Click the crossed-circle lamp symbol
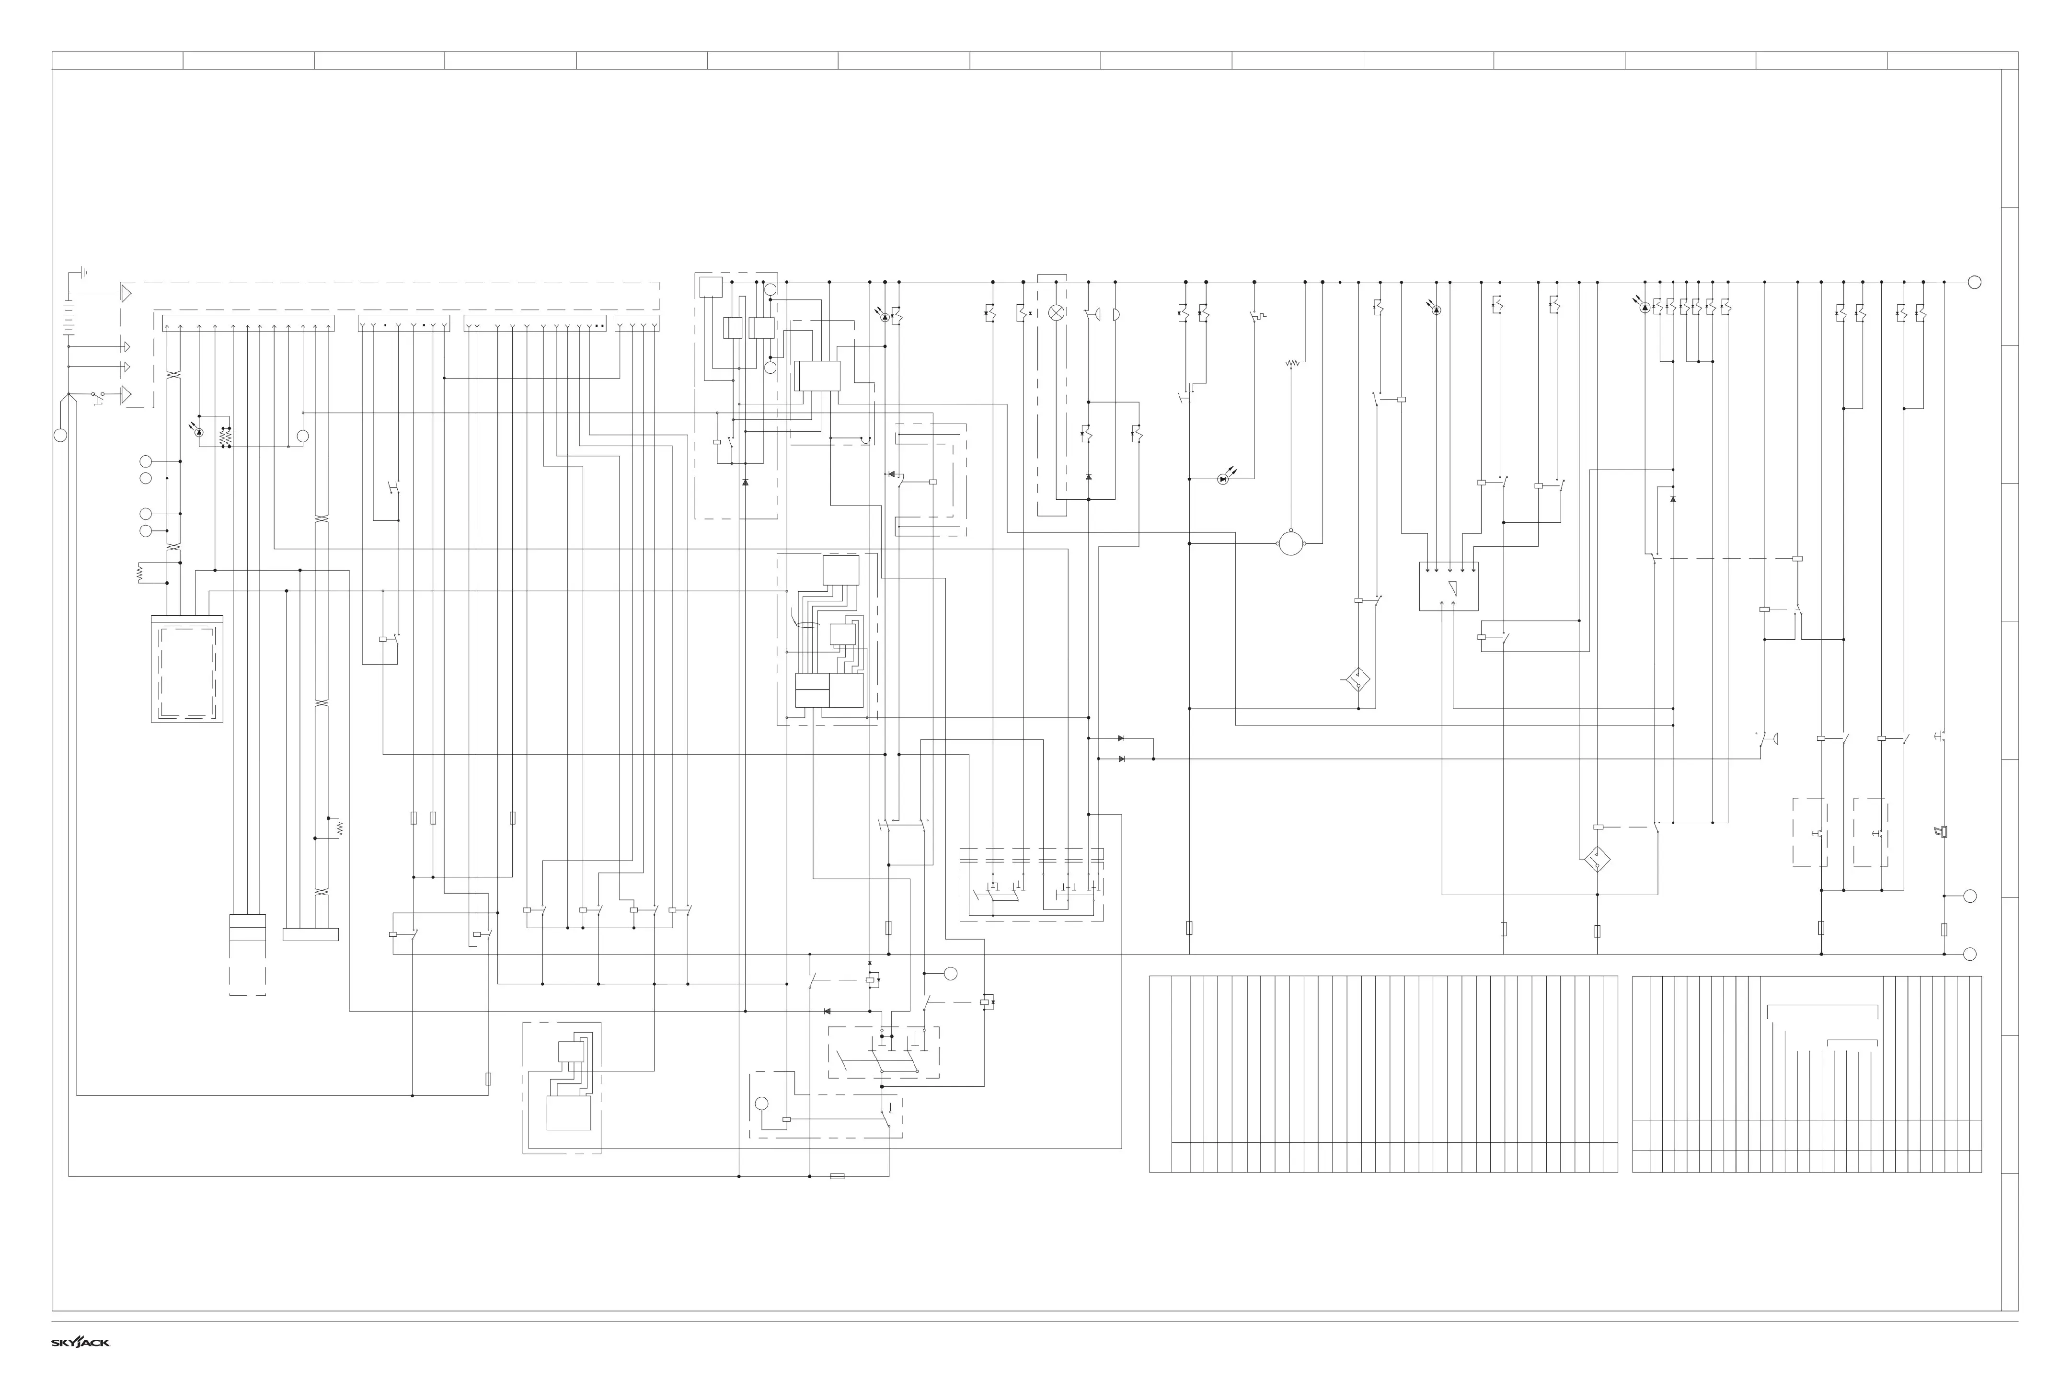1056,313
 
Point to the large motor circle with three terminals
1290,543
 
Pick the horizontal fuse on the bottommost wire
837,1176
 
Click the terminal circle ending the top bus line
1974,283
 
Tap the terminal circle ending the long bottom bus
1970,954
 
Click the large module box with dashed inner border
186,669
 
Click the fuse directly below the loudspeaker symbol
1944,930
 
